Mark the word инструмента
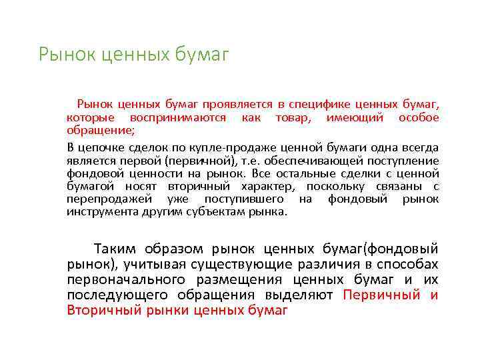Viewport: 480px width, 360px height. point(100,212)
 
